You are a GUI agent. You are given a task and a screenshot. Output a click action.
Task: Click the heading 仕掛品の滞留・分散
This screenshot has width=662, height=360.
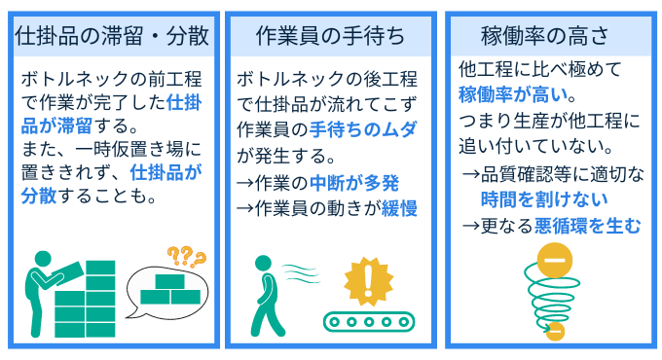[x=112, y=36]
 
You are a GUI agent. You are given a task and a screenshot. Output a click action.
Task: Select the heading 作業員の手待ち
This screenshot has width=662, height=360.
[x=330, y=36]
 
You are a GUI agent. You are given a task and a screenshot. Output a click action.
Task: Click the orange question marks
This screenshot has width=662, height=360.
[x=186, y=257]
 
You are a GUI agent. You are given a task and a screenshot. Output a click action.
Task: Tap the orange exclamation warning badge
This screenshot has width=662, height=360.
[x=367, y=282]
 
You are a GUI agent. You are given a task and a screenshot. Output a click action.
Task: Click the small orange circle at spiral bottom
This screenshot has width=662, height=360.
[x=556, y=331]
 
